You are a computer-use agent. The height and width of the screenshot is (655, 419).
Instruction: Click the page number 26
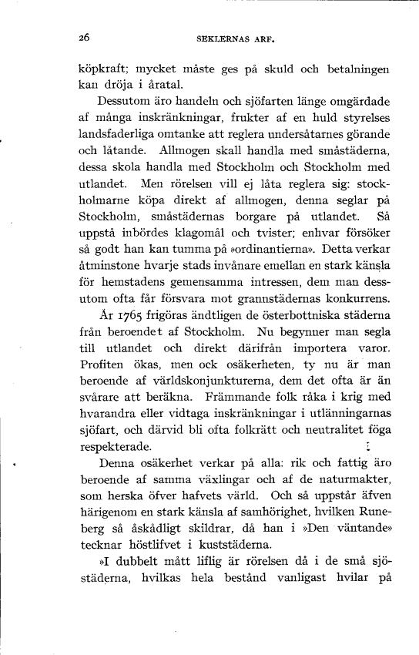click(x=85, y=35)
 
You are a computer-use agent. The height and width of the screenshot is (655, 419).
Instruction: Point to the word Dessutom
click(x=126, y=101)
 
